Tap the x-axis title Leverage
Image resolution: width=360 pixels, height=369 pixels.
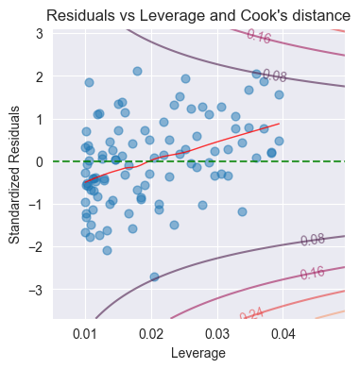[x=197, y=353]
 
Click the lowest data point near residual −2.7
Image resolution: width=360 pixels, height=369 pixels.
[x=154, y=277]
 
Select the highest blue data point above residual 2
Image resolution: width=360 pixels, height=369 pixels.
[x=137, y=71]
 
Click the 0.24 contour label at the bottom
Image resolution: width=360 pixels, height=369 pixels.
[x=252, y=313]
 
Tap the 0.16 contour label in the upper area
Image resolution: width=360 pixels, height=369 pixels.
[x=258, y=37]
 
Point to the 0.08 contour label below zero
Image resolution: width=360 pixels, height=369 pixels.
[x=313, y=241]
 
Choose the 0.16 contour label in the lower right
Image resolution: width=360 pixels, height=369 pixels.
[x=311, y=273]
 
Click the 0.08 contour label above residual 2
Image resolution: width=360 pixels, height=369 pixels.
[x=274, y=75]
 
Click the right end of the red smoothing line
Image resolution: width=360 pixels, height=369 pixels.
[x=279, y=123]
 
